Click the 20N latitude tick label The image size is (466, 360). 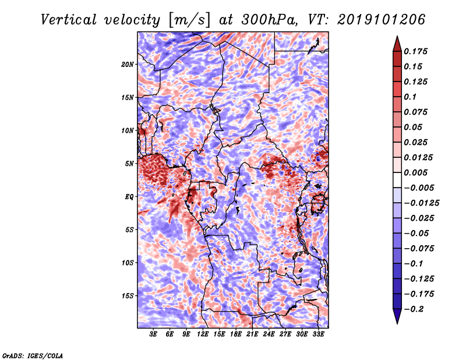tap(128, 65)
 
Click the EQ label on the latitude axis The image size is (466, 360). tap(129, 197)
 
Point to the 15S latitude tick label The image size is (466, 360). tap(128, 296)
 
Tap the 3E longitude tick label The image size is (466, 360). tap(153, 334)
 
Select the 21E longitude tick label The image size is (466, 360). tap(252, 334)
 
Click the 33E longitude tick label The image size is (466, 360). tap(318, 334)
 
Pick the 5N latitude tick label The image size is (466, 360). tap(129, 164)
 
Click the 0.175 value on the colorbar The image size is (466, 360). tap(415, 52)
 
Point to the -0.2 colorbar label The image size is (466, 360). tap(414, 309)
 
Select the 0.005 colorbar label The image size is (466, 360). tap(415, 173)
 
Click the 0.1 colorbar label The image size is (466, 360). tap(410, 97)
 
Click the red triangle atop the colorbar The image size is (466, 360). tap(397, 44)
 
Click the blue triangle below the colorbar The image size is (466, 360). tap(397, 316)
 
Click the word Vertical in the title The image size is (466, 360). tap(69, 20)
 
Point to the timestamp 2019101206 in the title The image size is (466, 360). tap(382, 20)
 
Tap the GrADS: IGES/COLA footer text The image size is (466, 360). tap(33, 356)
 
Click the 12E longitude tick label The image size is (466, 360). tap(202, 334)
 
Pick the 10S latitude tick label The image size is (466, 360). tap(128, 263)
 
